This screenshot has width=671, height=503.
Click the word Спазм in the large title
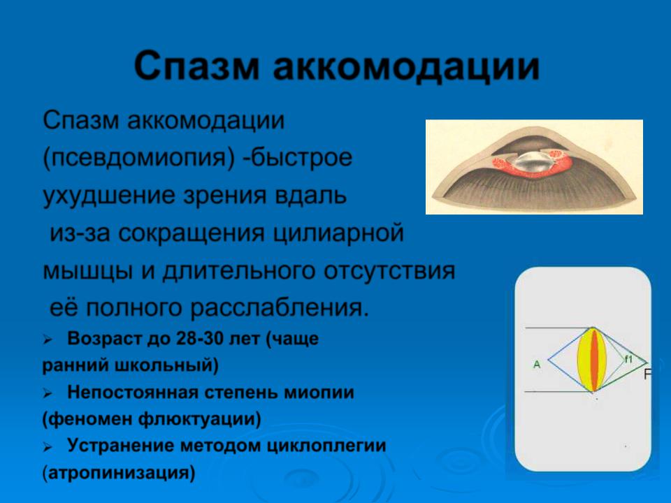tap(197, 66)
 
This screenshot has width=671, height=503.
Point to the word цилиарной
tap(339, 233)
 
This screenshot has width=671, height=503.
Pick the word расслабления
tap(280, 309)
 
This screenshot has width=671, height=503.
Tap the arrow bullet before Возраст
tap(47, 340)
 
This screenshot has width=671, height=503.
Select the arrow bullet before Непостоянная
tap(47, 393)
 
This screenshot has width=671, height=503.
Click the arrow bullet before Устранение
tap(47, 447)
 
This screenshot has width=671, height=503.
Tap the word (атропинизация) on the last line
tap(119, 474)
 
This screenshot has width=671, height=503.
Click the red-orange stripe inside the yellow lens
tap(594, 360)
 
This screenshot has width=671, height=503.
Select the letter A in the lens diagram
tap(537, 365)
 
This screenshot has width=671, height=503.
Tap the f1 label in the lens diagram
tap(628, 359)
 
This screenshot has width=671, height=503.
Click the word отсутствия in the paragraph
tap(389, 271)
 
